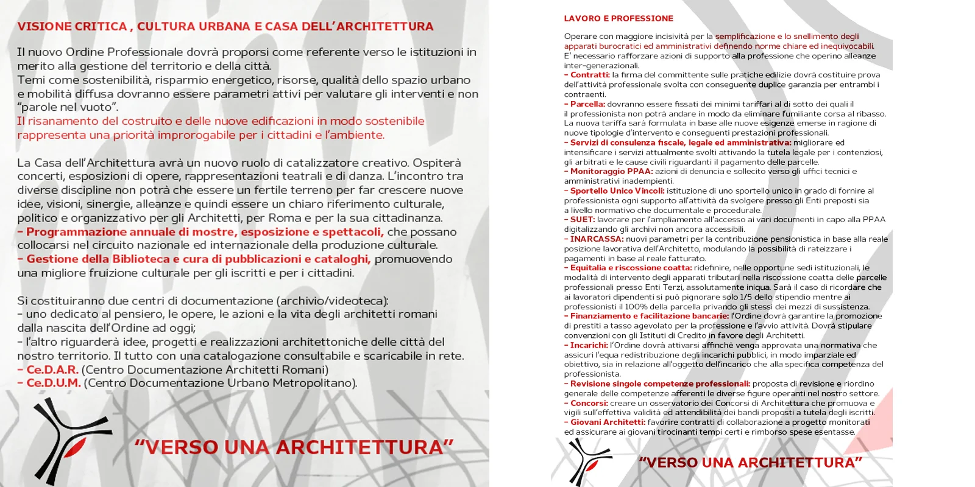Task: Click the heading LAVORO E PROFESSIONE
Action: click(x=619, y=18)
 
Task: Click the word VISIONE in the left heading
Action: click(x=44, y=26)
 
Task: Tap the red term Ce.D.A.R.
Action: click(x=52, y=370)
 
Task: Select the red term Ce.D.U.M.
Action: click(x=54, y=383)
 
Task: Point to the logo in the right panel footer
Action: click(x=587, y=461)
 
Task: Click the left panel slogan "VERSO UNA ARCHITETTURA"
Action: click(x=294, y=447)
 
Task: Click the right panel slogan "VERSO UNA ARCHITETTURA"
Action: click(x=750, y=463)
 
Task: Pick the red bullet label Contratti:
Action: click(x=590, y=75)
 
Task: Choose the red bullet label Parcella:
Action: click(x=587, y=104)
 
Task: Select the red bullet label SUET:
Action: click(x=582, y=220)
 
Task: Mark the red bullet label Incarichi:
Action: click(x=589, y=345)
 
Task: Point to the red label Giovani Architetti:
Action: click(x=608, y=422)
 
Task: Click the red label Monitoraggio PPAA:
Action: click(x=611, y=172)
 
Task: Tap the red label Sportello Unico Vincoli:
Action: click(x=617, y=191)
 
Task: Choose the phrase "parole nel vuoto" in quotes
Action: click(x=68, y=107)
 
